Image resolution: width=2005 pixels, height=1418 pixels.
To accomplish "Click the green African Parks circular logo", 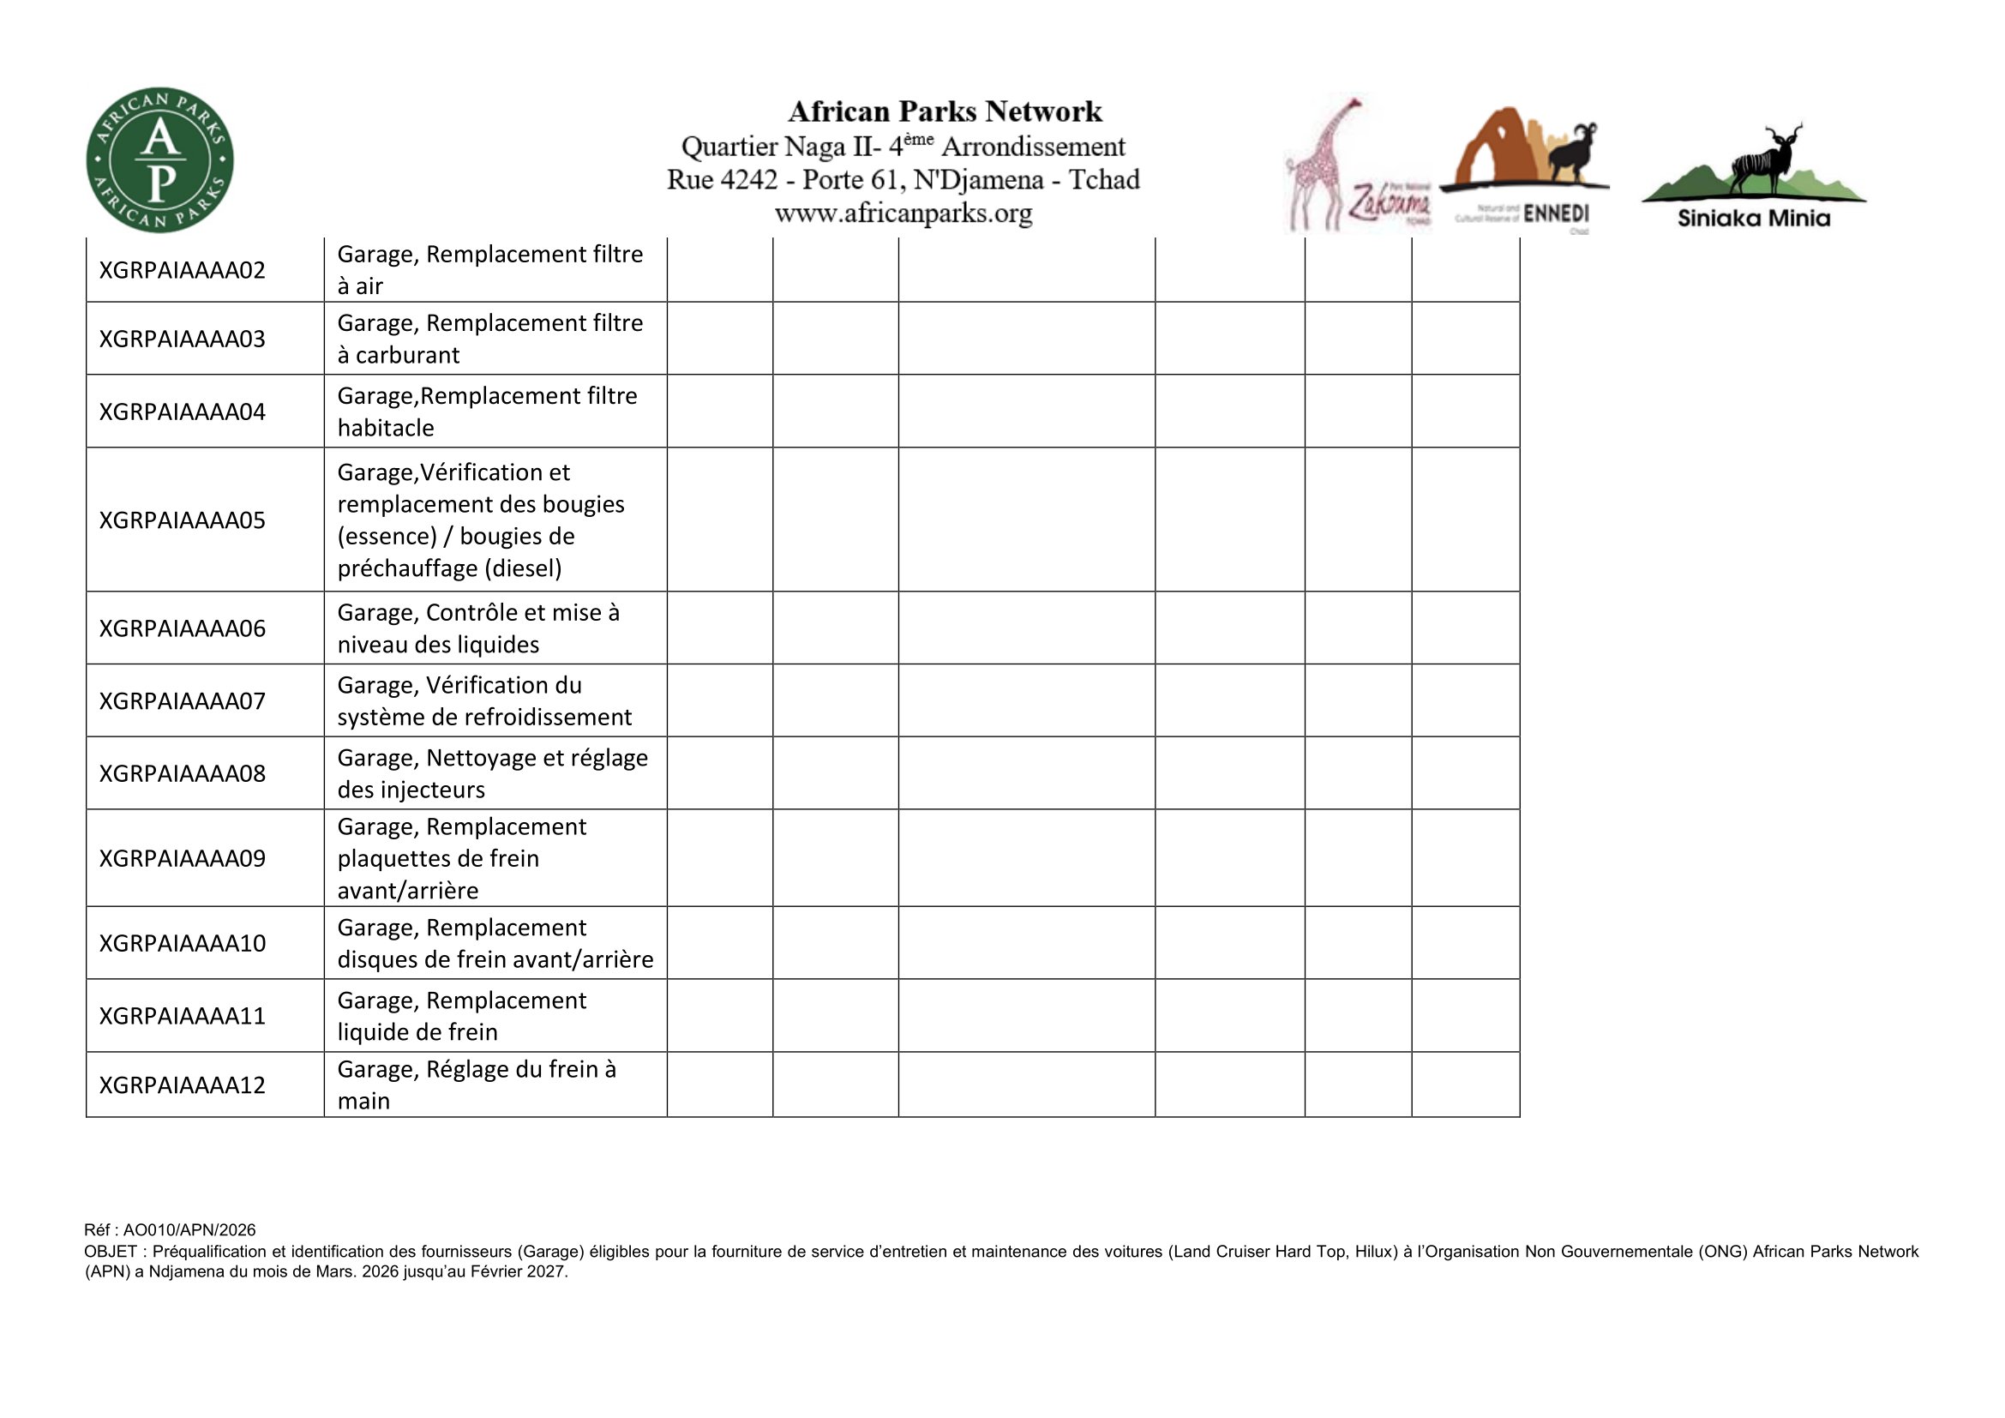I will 159,160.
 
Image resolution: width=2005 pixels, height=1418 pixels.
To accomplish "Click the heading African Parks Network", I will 945,111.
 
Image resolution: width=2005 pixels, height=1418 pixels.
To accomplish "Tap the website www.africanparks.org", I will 903,213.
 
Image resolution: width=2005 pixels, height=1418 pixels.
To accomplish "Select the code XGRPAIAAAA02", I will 182,271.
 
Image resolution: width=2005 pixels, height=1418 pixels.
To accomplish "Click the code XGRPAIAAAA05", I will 182,520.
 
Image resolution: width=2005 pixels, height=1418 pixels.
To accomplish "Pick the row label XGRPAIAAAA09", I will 182,858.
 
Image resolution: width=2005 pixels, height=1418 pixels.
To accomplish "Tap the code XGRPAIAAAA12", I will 182,1085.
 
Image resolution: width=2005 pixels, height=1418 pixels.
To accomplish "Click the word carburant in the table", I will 407,356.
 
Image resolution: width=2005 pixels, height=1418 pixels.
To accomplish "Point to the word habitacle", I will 385,428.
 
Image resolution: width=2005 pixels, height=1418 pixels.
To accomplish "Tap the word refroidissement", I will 548,717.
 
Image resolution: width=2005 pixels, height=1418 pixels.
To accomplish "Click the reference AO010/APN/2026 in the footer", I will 189,1230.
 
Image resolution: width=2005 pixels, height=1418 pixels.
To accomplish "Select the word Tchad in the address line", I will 1105,180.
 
